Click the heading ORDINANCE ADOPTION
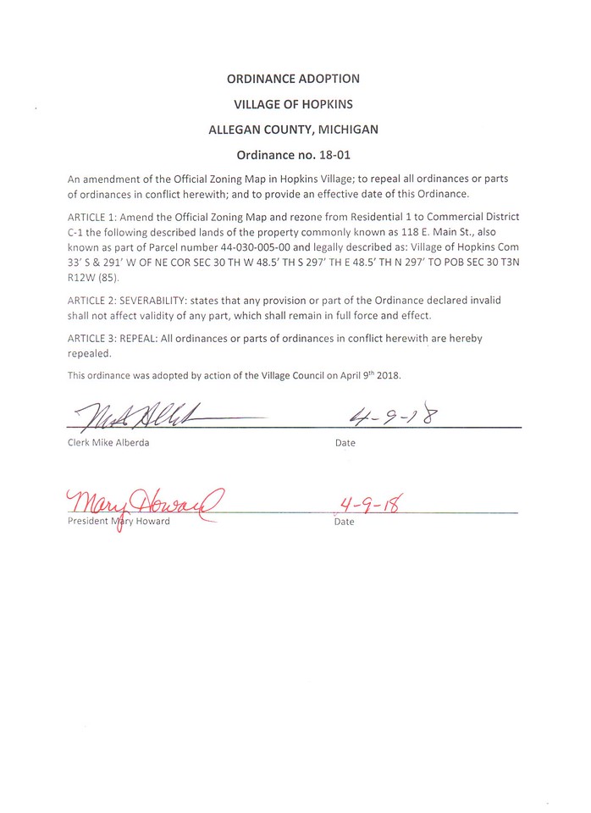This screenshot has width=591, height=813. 293,79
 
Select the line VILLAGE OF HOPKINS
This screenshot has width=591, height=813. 293,104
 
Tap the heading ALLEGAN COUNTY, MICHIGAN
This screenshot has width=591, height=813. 293,130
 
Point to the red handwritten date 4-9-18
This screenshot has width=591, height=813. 367,506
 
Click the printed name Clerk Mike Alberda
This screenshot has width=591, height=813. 108,443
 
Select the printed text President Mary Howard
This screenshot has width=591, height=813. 119,521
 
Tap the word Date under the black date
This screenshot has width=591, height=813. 345,443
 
